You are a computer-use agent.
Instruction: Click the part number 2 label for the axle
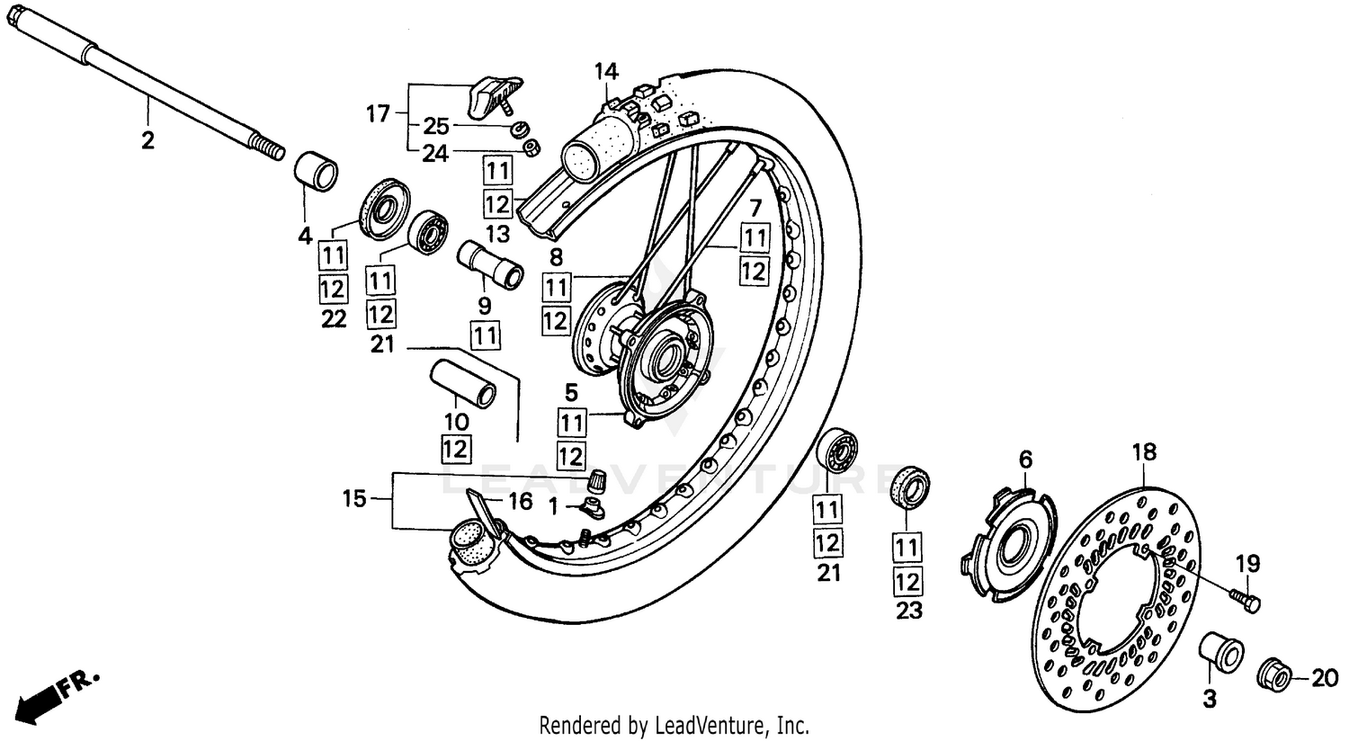147,140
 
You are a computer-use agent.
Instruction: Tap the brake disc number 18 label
1144,452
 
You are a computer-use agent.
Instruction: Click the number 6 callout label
1025,460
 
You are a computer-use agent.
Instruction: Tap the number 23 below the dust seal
909,612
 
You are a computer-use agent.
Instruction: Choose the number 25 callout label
436,127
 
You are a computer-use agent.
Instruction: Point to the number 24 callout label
435,154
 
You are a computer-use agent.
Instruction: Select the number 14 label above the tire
606,70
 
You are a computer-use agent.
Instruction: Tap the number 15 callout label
355,498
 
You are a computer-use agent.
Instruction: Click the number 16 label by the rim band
521,502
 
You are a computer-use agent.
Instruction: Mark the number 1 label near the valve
554,507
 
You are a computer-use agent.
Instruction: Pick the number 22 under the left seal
334,319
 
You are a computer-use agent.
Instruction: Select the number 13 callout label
497,235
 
